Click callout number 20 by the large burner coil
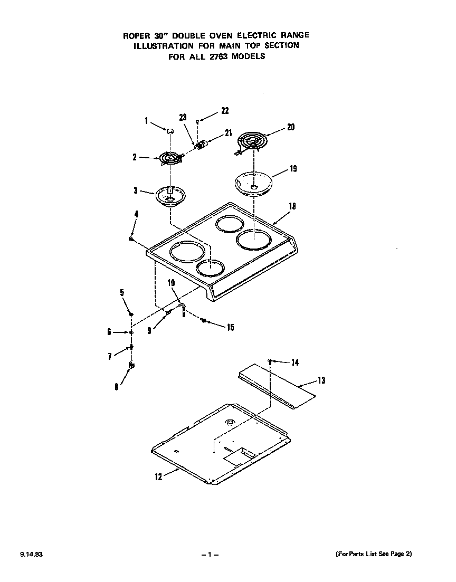click(291, 127)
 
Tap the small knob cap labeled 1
click(170, 130)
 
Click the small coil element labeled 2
click(170, 158)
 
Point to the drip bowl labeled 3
click(170, 196)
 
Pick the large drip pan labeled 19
click(254, 183)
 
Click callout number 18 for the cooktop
click(292, 206)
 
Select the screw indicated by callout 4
click(130, 239)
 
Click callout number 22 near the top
click(225, 111)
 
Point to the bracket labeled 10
click(183, 311)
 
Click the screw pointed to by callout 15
click(204, 321)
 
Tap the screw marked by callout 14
click(270, 360)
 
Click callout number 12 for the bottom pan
click(158, 476)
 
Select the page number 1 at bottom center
click(210, 555)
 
